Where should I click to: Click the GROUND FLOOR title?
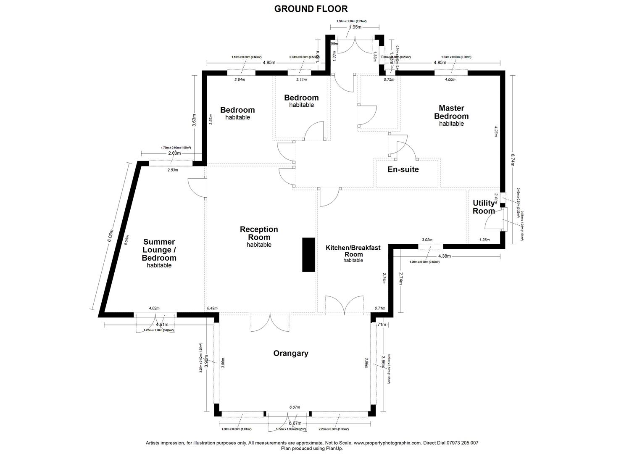pyautogui.click(x=311, y=9)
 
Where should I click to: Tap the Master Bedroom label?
pyautogui.click(x=451, y=115)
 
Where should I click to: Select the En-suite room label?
pyautogui.click(x=403, y=170)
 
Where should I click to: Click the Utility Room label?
pyautogui.click(x=484, y=207)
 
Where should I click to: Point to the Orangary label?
pyautogui.click(x=291, y=354)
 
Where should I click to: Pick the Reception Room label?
pyautogui.click(x=259, y=236)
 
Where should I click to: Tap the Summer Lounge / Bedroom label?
pyautogui.click(x=159, y=253)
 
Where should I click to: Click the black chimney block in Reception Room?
pyautogui.click(x=309, y=255)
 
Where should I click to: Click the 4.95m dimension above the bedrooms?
pyautogui.click(x=269, y=63)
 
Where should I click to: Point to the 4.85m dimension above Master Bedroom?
pyautogui.click(x=440, y=63)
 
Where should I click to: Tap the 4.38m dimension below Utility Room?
pyautogui.click(x=445, y=256)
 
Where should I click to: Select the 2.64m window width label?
pyautogui.click(x=240, y=79)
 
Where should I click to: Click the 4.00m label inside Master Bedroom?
pyautogui.click(x=450, y=79)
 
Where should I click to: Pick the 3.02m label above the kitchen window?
pyautogui.click(x=427, y=240)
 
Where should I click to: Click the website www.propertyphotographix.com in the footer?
pyautogui.click(x=387, y=443)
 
